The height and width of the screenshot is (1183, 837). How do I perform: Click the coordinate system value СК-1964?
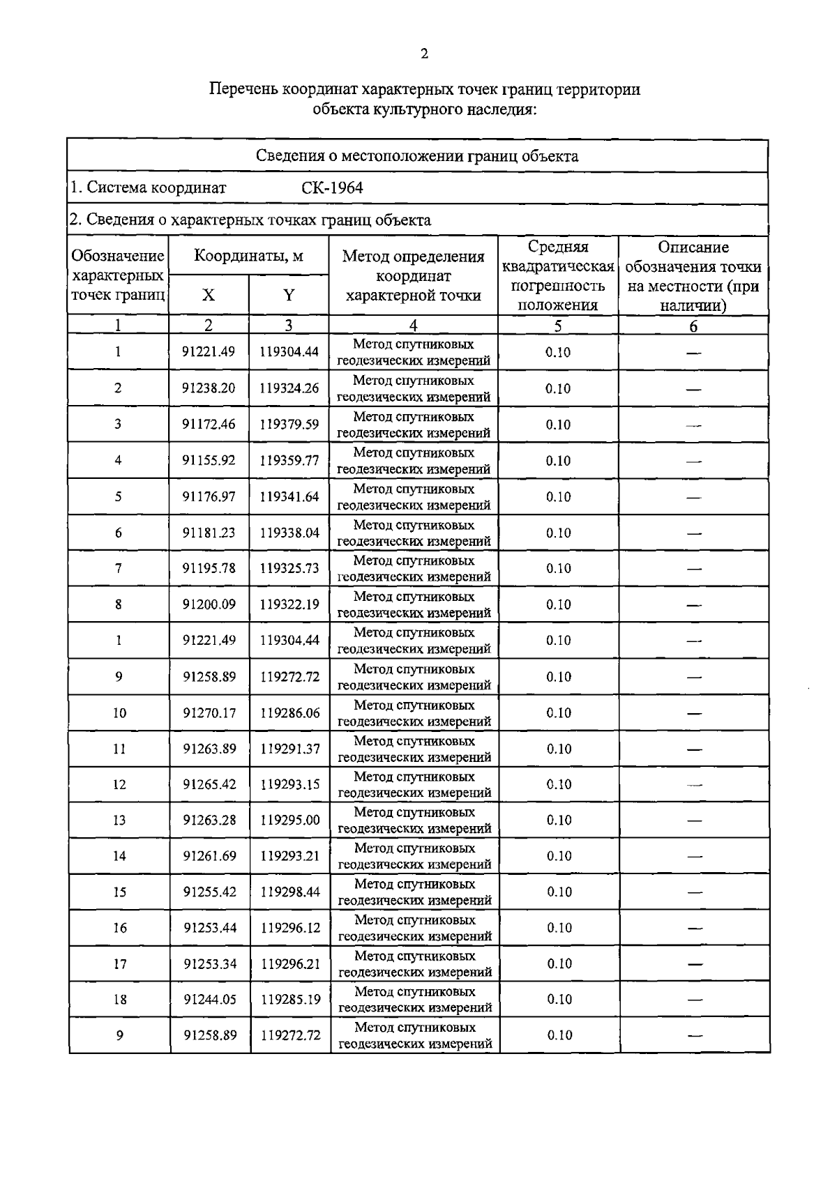[332, 188]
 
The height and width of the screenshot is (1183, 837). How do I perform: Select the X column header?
[209, 295]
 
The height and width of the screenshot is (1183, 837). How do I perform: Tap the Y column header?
[289, 295]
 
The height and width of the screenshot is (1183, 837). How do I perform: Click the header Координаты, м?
[248, 256]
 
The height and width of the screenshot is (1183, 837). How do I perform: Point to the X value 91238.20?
[209, 388]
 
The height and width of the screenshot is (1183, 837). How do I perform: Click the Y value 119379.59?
[289, 425]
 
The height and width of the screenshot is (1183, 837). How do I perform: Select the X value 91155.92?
[209, 460]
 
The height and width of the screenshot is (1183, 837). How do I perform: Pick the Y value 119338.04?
[289, 533]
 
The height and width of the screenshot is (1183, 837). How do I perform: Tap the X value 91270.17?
[209, 712]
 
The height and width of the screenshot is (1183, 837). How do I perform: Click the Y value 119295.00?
[289, 820]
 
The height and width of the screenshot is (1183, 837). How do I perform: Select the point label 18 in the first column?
[120, 1000]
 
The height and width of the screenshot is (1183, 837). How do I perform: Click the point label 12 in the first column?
[119, 784]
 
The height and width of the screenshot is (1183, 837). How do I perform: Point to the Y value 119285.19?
[290, 1000]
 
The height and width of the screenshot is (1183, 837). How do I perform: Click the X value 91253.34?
[210, 963]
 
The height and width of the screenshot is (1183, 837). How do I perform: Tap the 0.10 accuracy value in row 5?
[558, 496]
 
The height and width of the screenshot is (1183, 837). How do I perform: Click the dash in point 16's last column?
[694, 928]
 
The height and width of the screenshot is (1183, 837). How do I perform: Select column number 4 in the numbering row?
[414, 326]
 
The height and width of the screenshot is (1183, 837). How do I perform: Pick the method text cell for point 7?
[414, 569]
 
